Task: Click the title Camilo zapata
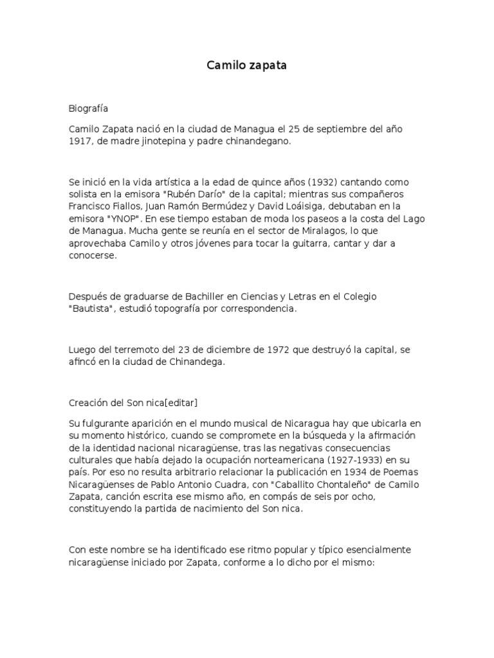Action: (246, 66)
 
